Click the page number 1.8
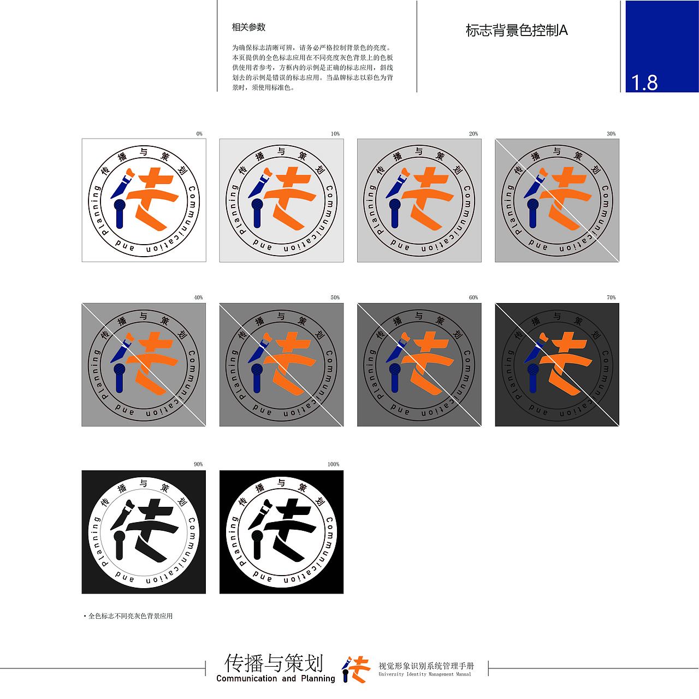point(644,82)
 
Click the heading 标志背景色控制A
point(516,31)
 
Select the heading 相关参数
point(248,27)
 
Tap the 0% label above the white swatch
point(199,134)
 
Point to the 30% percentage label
point(611,134)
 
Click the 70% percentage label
point(611,298)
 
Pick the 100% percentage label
point(333,464)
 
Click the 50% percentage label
point(335,298)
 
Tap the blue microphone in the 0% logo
point(119,213)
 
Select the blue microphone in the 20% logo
point(394,213)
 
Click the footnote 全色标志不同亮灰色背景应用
point(130,616)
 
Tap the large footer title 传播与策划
point(274,663)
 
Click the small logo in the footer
point(356,669)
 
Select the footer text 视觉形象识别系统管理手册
point(426,666)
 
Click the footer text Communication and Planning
point(275,679)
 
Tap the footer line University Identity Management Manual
point(425,674)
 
